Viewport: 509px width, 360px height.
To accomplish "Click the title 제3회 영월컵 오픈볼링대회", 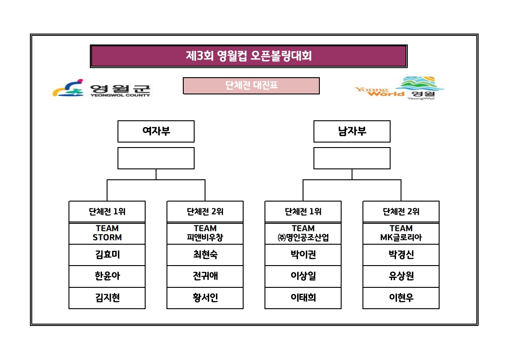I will pyautogui.click(x=249, y=56).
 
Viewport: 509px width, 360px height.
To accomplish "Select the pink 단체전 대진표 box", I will pyautogui.click(x=251, y=85).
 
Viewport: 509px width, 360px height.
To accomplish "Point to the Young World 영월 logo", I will pyautogui.click(x=399, y=88).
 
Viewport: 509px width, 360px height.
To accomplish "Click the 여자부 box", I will pyautogui.click(x=156, y=131).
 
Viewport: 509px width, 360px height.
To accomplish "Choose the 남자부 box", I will pyautogui.click(x=352, y=131).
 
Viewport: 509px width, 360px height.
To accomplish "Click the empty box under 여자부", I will pyautogui.click(x=156, y=158).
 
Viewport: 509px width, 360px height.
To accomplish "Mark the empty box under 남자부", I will pyautogui.click(x=352, y=158).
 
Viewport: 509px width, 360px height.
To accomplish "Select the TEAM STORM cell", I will pyautogui.click(x=107, y=233).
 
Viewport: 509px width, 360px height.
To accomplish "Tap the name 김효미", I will pyautogui.click(x=107, y=255).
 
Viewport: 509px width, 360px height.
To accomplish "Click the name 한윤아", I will pyautogui.click(x=107, y=276).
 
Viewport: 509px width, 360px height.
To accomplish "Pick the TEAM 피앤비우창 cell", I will pyautogui.click(x=205, y=233).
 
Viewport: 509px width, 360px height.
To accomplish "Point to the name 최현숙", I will pyautogui.click(x=205, y=255).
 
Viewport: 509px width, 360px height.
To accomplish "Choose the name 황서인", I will pyautogui.click(x=205, y=298).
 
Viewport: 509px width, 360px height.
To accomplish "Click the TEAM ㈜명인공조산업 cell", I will pyautogui.click(x=303, y=233).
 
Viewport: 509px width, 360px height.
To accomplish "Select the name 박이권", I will pyautogui.click(x=303, y=255).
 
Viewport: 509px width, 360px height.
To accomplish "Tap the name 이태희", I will pyautogui.click(x=303, y=298).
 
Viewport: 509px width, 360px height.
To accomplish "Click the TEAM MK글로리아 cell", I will pyautogui.click(x=401, y=233).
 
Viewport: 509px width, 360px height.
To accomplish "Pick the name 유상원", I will pyautogui.click(x=401, y=276).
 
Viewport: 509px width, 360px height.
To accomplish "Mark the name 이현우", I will pyautogui.click(x=401, y=298).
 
